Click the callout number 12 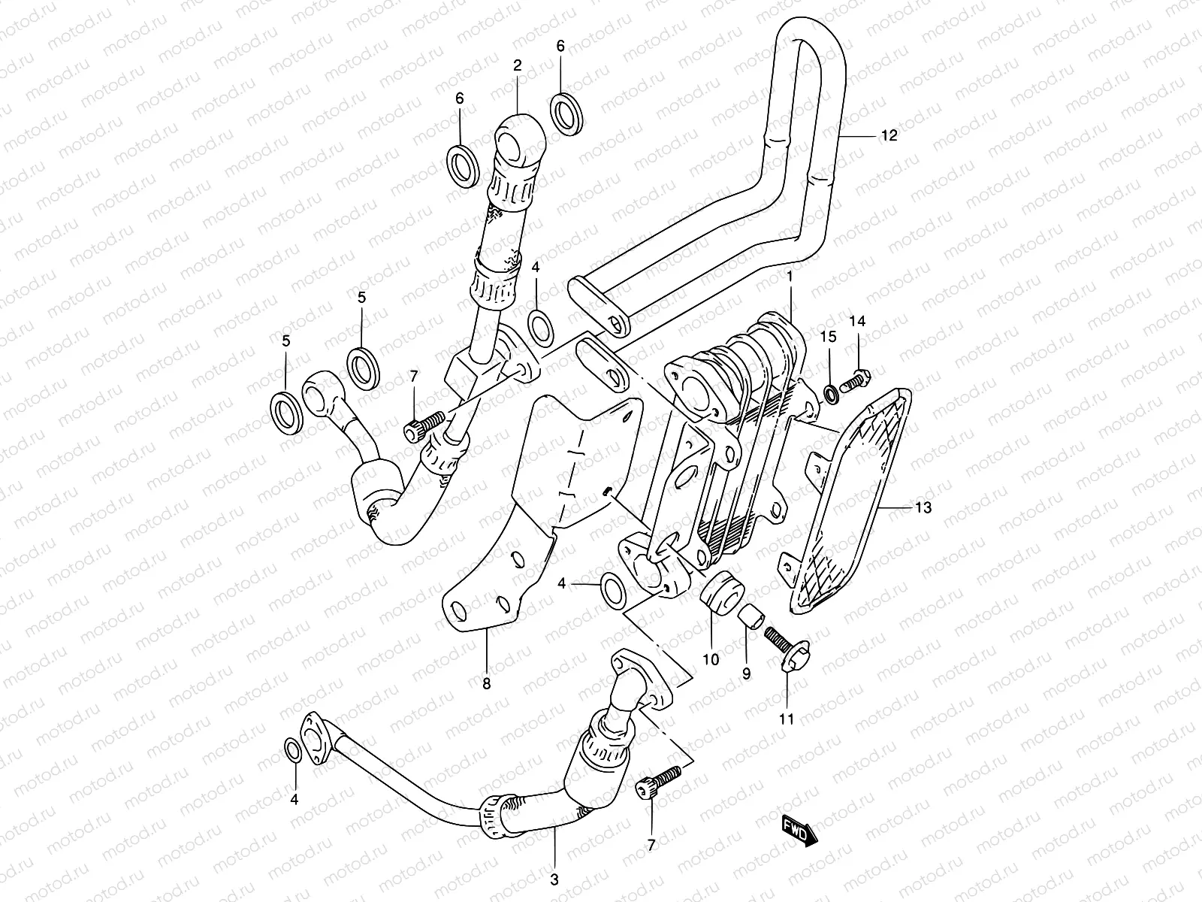tap(889, 135)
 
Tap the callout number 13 tap(923, 507)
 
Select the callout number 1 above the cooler tap(790, 277)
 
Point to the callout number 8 tap(486, 683)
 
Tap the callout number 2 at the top tap(517, 67)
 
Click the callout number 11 tap(786, 719)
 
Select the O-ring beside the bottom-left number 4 tap(293, 750)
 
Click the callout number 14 tap(857, 321)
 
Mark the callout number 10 tap(711, 659)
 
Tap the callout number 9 tap(746, 674)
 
